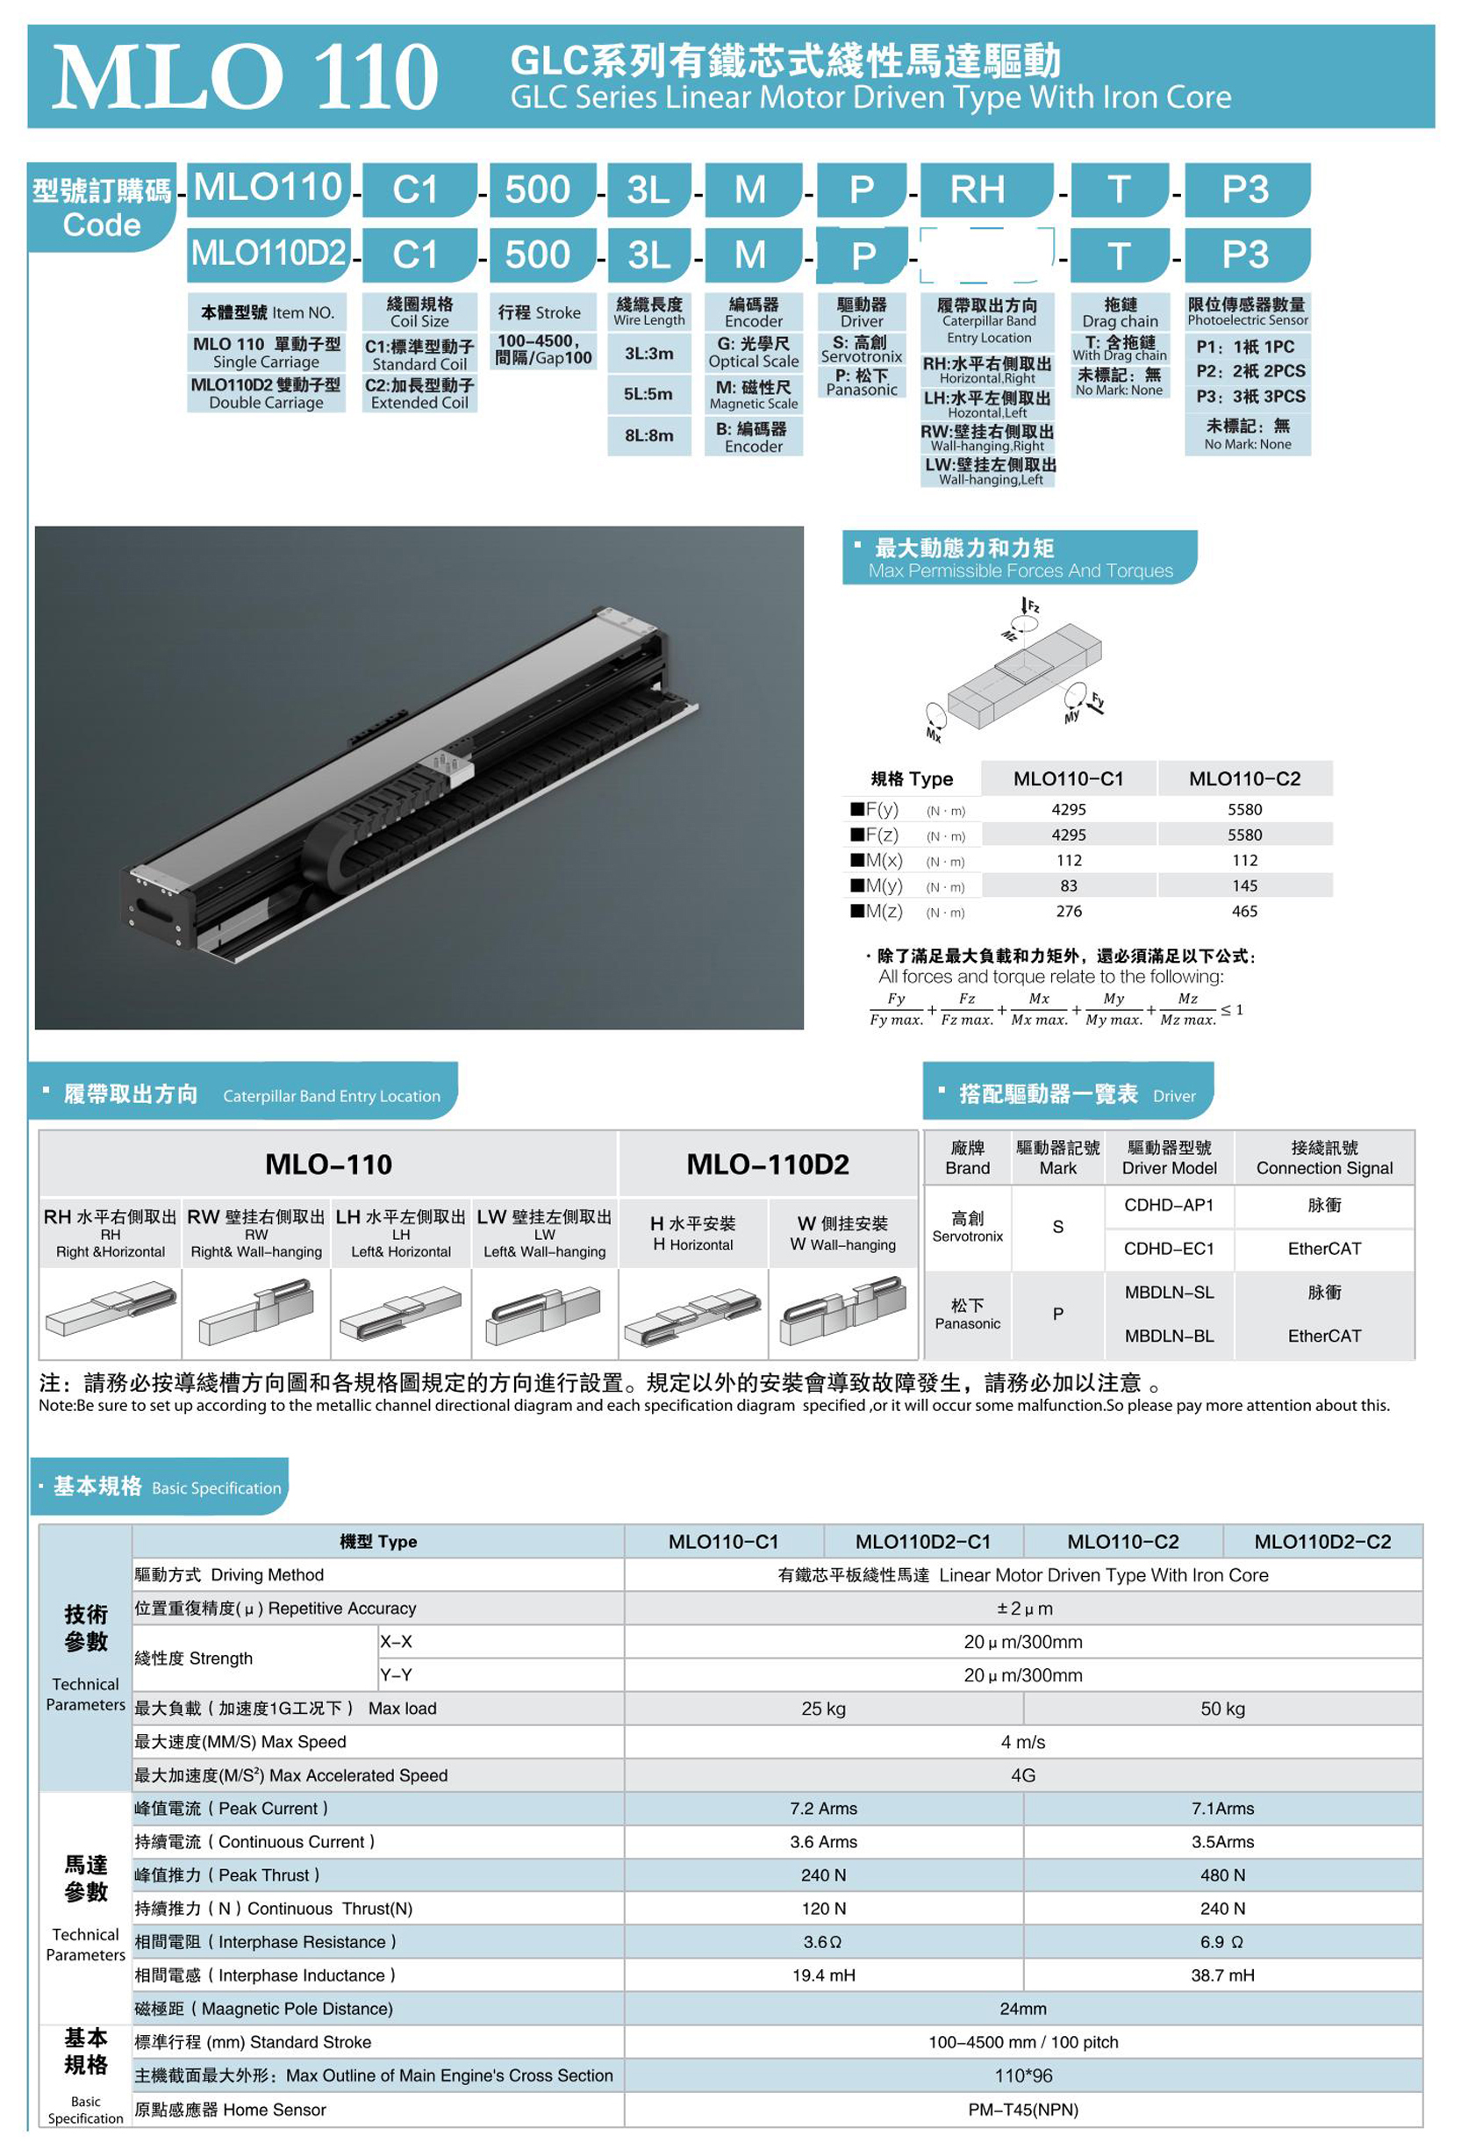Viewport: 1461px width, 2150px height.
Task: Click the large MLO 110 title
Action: pyautogui.click(x=244, y=78)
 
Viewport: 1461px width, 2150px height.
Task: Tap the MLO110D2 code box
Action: pyautogui.click(x=269, y=254)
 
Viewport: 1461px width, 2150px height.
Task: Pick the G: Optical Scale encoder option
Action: pyautogui.click(x=753, y=353)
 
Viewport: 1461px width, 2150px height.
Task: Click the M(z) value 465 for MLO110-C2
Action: pyautogui.click(x=1244, y=911)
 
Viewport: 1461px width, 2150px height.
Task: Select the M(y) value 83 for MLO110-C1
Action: pyautogui.click(x=1069, y=885)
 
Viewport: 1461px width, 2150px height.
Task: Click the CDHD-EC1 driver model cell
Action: pyautogui.click(x=1169, y=1249)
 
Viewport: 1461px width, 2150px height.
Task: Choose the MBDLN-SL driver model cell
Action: pyautogui.click(x=1169, y=1293)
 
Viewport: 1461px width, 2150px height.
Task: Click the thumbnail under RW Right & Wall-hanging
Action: pyautogui.click(x=256, y=1311)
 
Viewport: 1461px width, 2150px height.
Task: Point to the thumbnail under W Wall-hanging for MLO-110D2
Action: pyautogui.click(x=842, y=1311)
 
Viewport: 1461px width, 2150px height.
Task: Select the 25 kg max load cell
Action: pyautogui.click(x=822, y=1709)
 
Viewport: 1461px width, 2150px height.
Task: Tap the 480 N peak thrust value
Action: pyautogui.click(x=1222, y=1875)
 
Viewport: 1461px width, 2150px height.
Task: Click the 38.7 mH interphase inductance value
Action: pyautogui.click(x=1222, y=1975)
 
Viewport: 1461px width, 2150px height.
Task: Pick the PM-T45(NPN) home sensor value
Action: pyautogui.click(x=1022, y=2110)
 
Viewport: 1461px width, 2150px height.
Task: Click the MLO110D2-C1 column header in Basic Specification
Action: pyautogui.click(x=922, y=1542)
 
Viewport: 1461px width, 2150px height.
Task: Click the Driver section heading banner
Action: pyautogui.click(x=1068, y=1093)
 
